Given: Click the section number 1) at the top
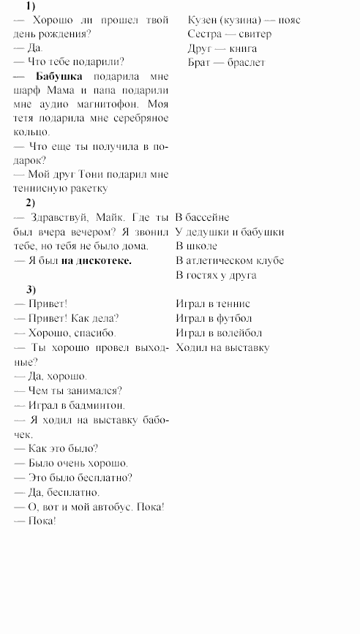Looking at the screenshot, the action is [30, 6].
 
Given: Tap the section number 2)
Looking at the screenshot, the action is [30, 203].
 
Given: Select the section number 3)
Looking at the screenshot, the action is [30, 289].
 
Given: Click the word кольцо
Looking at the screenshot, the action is [31, 132].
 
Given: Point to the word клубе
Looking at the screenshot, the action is [266, 260].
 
